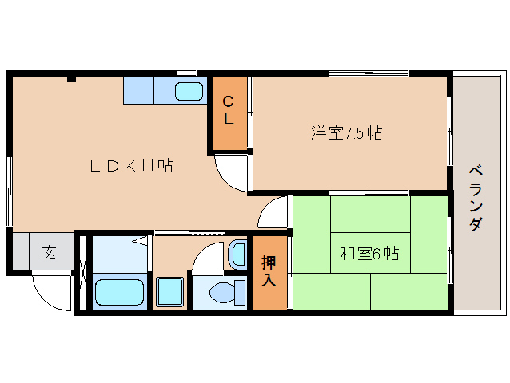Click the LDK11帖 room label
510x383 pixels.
(131, 166)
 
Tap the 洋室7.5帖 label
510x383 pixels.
(347, 132)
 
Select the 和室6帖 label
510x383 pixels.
(369, 253)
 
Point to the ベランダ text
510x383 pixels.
(476, 199)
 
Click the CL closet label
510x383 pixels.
(229, 111)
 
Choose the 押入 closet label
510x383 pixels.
(269, 271)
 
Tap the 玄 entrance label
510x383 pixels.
(50, 253)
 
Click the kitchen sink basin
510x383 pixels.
(189, 91)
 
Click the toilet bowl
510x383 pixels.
(222, 292)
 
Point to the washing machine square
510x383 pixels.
(169, 291)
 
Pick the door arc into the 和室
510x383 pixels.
(268, 207)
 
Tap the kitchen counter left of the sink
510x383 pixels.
(138, 90)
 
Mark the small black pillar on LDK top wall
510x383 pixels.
(72, 79)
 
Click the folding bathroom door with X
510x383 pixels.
(82, 273)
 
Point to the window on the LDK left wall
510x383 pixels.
(10, 191)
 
